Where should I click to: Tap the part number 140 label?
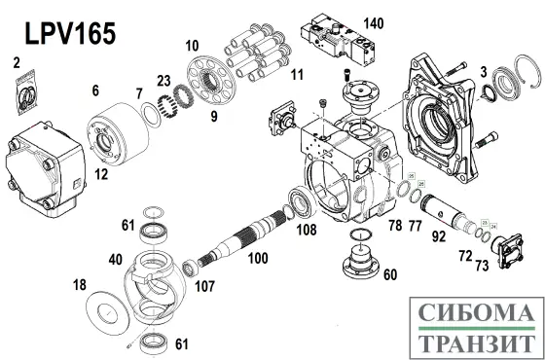[373, 23]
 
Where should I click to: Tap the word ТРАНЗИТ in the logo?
[474, 342]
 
